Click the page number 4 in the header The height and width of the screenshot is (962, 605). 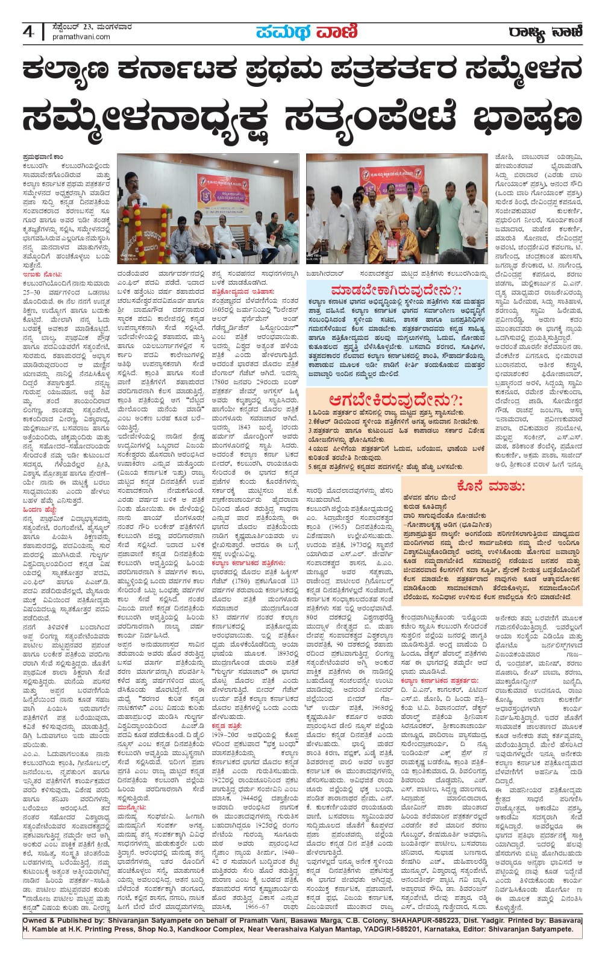coord(28,31)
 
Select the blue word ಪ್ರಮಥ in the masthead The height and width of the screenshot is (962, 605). coord(282,31)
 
